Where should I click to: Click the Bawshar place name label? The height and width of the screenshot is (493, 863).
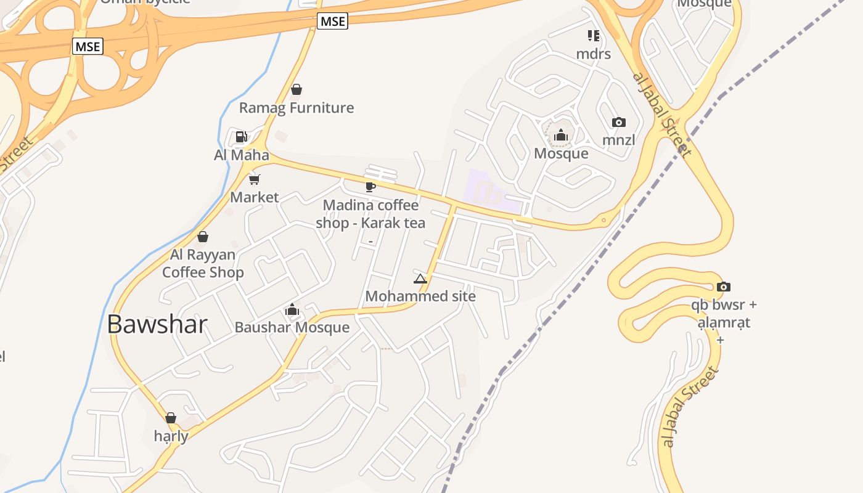[x=157, y=324]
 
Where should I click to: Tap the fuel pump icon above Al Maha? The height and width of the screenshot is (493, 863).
[x=242, y=136]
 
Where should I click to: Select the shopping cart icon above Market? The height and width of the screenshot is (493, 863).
[x=254, y=179]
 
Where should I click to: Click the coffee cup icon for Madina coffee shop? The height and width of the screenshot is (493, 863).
[x=370, y=187]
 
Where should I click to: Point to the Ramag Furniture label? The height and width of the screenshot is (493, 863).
[x=297, y=108]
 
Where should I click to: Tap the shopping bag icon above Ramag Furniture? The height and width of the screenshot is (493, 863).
[x=297, y=89]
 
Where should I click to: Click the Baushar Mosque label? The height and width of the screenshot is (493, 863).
[x=292, y=327]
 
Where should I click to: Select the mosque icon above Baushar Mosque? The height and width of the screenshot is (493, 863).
[x=292, y=309]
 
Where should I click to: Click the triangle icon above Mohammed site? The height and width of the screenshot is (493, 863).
[x=420, y=279]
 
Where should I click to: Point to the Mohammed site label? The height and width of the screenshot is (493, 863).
[x=420, y=296]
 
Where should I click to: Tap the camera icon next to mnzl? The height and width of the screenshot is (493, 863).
[x=619, y=122]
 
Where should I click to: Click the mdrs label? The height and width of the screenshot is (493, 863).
[x=594, y=54]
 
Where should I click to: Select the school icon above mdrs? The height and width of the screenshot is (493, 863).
[x=594, y=35]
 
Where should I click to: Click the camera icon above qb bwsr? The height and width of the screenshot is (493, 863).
[x=724, y=287]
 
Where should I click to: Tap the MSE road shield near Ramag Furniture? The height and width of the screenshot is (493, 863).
[x=333, y=21]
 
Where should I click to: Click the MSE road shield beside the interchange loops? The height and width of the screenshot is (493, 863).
[x=88, y=46]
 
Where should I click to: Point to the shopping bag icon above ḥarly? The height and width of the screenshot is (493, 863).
[x=171, y=418]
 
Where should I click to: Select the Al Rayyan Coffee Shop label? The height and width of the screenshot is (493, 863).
[x=203, y=264]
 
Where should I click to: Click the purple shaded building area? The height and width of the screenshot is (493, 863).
[x=493, y=192]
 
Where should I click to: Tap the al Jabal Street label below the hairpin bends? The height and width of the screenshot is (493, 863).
[x=690, y=406]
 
